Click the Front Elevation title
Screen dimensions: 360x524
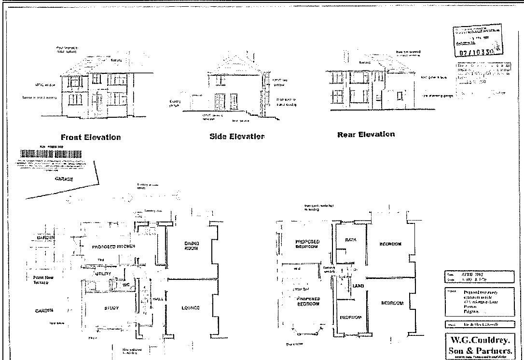[x=90, y=137]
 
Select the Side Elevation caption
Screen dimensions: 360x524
[x=237, y=137]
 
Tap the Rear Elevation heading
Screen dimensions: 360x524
[x=366, y=134]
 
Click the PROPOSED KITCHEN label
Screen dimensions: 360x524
[x=113, y=247]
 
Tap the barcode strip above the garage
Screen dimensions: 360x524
[x=50, y=154]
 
